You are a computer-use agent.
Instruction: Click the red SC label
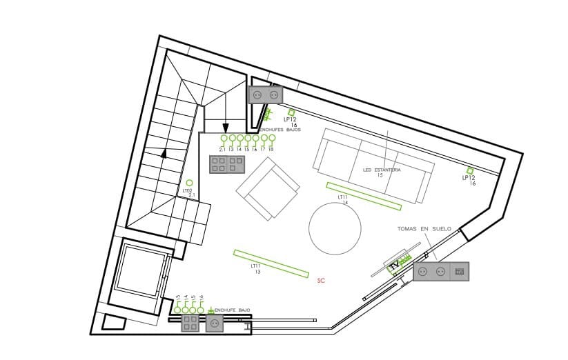tap(321, 281)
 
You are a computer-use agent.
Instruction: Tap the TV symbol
tap(395, 265)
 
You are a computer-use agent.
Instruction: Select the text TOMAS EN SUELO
tap(424, 228)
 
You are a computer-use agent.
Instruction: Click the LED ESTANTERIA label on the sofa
tap(382, 170)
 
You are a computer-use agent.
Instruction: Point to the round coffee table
tap(335, 228)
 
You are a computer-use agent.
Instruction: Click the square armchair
tap(267, 188)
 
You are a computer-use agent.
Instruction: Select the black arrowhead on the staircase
tap(164, 154)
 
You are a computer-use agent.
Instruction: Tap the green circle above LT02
tap(189, 183)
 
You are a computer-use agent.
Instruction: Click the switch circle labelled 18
tap(272, 138)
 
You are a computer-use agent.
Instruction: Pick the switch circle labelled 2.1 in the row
tap(224, 138)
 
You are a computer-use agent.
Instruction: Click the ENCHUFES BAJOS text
tap(280, 129)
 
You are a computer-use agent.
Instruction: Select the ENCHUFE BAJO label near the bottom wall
tap(233, 310)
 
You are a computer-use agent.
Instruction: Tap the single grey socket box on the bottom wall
tap(214, 323)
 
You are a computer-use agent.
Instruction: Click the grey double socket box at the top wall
tap(266, 94)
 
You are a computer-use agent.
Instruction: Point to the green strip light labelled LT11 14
tap(364, 195)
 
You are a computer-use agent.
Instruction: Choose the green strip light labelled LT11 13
tap(271, 263)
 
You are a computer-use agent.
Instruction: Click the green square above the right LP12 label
tap(471, 170)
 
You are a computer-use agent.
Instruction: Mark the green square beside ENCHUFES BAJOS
tap(291, 112)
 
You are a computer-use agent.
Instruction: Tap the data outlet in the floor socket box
tap(460, 272)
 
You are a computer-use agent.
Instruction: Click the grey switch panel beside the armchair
tap(226, 163)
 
